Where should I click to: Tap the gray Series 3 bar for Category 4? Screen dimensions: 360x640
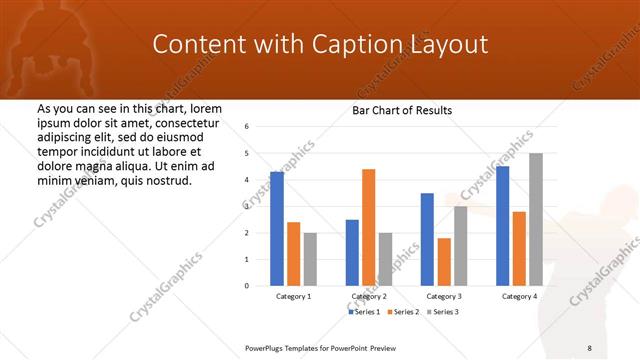click(536, 219)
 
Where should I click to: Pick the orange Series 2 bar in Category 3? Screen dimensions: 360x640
click(444, 261)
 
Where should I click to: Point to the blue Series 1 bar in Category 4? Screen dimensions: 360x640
click(502, 225)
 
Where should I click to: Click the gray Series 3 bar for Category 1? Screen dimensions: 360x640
click(310, 259)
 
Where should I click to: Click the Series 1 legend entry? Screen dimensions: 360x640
click(364, 312)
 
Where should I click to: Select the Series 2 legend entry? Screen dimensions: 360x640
click(402, 312)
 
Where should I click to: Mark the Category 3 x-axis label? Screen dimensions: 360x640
click(444, 297)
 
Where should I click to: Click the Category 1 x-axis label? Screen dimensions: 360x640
click(293, 297)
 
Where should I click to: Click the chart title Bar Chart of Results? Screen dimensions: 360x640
click(402, 110)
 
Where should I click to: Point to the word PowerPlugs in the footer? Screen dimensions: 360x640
click(268, 347)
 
